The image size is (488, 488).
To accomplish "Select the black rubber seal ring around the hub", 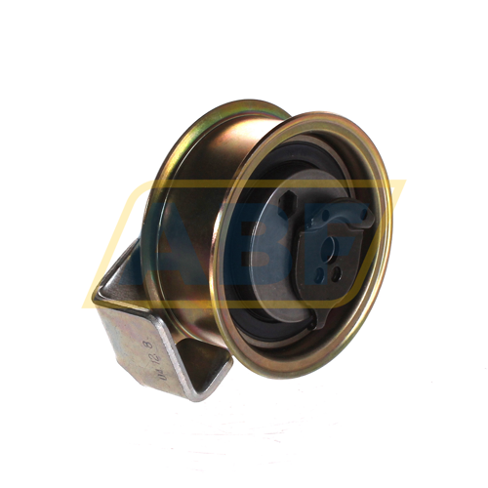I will pyautogui.click(x=246, y=293).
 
